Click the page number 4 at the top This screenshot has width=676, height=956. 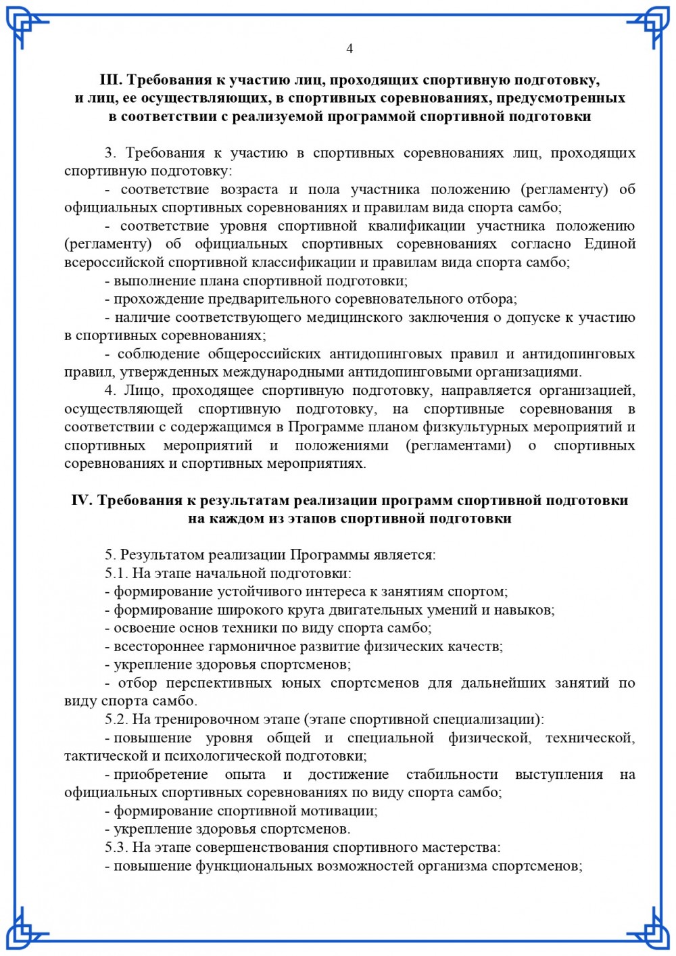click(x=349, y=49)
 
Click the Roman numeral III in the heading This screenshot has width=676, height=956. click(x=111, y=80)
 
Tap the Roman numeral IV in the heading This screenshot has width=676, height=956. click(x=82, y=501)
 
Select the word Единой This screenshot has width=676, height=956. click(x=610, y=244)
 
